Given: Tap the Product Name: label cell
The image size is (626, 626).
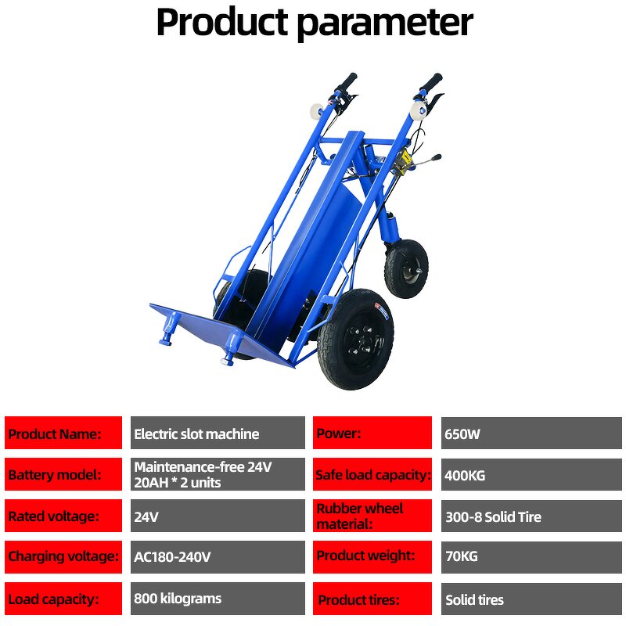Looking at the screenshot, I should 63,434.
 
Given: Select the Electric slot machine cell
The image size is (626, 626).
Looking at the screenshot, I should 218,434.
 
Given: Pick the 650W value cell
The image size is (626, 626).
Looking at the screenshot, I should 531,434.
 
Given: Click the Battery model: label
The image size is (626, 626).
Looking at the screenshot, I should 63,474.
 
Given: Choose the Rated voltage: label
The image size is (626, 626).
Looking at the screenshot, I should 63,516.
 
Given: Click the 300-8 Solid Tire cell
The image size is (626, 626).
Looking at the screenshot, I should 531,516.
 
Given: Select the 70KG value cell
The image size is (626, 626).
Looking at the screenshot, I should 531,557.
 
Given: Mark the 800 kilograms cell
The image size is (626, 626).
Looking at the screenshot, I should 218,599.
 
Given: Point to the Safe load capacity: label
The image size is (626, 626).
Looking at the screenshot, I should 372,474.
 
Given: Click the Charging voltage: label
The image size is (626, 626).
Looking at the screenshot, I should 63,557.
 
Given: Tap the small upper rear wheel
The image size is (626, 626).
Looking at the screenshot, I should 406,268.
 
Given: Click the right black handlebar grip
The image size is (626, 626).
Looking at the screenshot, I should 430,82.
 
